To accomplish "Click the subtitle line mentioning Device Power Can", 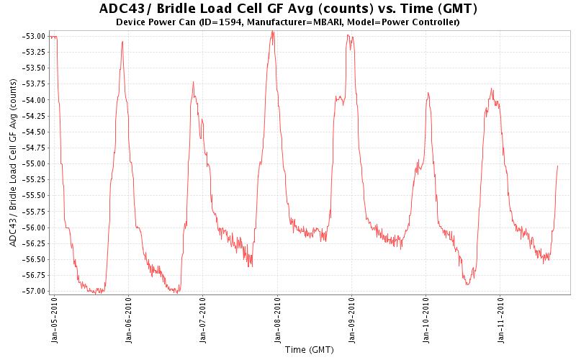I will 287,22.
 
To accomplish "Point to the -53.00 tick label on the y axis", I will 35,36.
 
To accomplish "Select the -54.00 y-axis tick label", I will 35,100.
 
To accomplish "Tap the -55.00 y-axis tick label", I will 35,163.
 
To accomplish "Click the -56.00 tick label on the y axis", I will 35,228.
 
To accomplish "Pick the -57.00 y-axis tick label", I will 35,291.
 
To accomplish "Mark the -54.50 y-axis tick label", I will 35,132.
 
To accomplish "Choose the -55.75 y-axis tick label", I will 35,212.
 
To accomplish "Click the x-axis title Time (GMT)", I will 309,351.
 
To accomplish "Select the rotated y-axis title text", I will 13,163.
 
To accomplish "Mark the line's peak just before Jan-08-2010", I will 272,32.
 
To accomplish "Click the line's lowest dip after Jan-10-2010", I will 467,284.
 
